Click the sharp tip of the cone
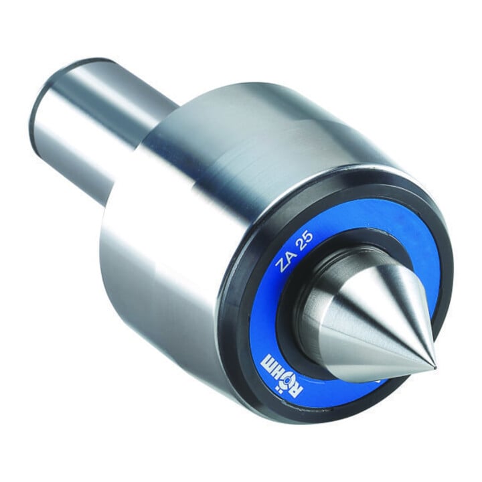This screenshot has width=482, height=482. [434, 368]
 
